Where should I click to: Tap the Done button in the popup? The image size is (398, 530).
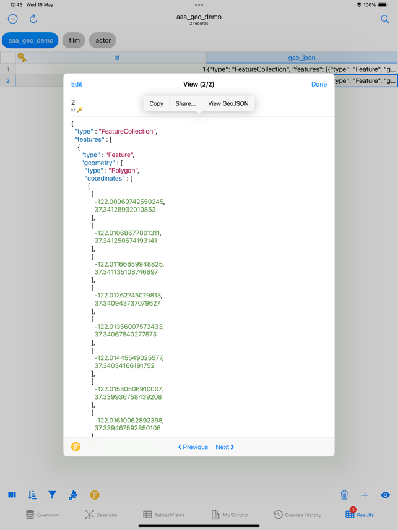pyautogui.click(x=319, y=84)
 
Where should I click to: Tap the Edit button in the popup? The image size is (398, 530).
pyautogui.click(x=77, y=84)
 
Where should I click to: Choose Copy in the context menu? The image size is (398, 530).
pyautogui.click(x=157, y=103)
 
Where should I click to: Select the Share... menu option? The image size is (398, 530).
pyautogui.click(x=186, y=103)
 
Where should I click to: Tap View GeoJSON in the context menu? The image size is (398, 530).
pyautogui.click(x=228, y=103)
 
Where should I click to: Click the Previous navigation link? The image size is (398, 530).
pyautogui.click(x=193, y=447)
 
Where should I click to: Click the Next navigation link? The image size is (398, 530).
pyautogui.click(x=225, y=447)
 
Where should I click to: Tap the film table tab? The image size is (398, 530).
pyautogui.click(x=74, y=40)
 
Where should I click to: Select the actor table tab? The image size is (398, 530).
pyautogui.click(x=103, y=40)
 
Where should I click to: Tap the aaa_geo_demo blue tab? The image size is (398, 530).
pyautogui.click(x=30, y=40)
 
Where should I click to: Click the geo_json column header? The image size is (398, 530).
pyautogui.click(x=301, y=58)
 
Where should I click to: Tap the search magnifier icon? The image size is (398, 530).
pyautogui.click(x=385, y=19)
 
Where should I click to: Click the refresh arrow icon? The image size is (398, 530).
pyautogui.click(x=33, y=19)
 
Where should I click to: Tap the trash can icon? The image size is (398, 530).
pyautogui.click(x=344, y=495)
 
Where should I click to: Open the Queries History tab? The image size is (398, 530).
pyautogui.click(x=297, y=515)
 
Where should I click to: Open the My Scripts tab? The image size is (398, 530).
pyautogui.click(x=230, y=515)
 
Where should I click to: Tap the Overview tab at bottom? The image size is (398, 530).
pyautogui.click(x=42, y=515)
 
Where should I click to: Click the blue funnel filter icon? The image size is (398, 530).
pyautogui.click(x=52, y=495)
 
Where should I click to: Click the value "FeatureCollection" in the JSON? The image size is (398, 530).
pyautogui.click(x=128, y=131)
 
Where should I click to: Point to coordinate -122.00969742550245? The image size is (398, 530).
pyautogui.click(x=129, y=202)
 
